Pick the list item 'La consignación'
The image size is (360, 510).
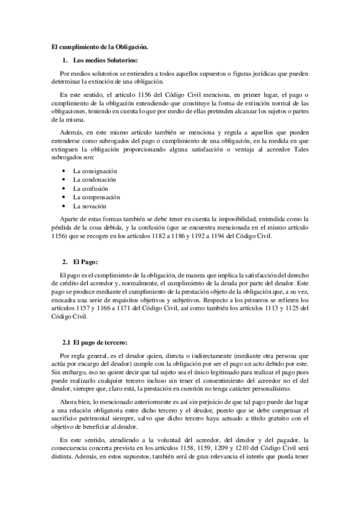(95, 171)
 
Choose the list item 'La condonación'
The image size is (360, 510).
(94, 179)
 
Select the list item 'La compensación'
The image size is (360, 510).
(97, 197)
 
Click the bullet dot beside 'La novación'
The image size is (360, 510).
(64, 206)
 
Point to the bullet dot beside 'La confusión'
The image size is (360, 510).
(64, 188)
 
